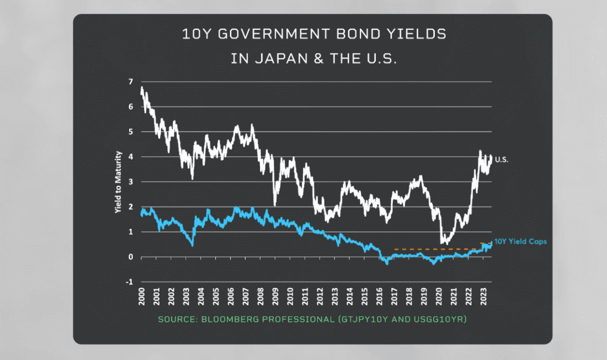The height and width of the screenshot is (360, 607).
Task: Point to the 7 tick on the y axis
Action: pyautogui.click(x=131, y=82)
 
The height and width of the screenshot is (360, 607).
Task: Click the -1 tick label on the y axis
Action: pyautogui.click(x=129, y=282)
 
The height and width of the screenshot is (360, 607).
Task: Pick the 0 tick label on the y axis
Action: pyautogui.click(x=131, y=257)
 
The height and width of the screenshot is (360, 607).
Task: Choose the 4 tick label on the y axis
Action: pyautogui.click(x=131, y=157)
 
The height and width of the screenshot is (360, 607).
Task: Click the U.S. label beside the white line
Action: pyautogui.click(x=502, y=160)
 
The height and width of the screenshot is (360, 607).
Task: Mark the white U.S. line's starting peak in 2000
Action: pyautogui.click(x=142, y=87)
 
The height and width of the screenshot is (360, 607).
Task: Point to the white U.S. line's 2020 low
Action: pyautogui.click(x=443, y=242)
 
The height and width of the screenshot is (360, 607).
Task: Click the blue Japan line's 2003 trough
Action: pyautogui.click(x=192, y=245)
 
